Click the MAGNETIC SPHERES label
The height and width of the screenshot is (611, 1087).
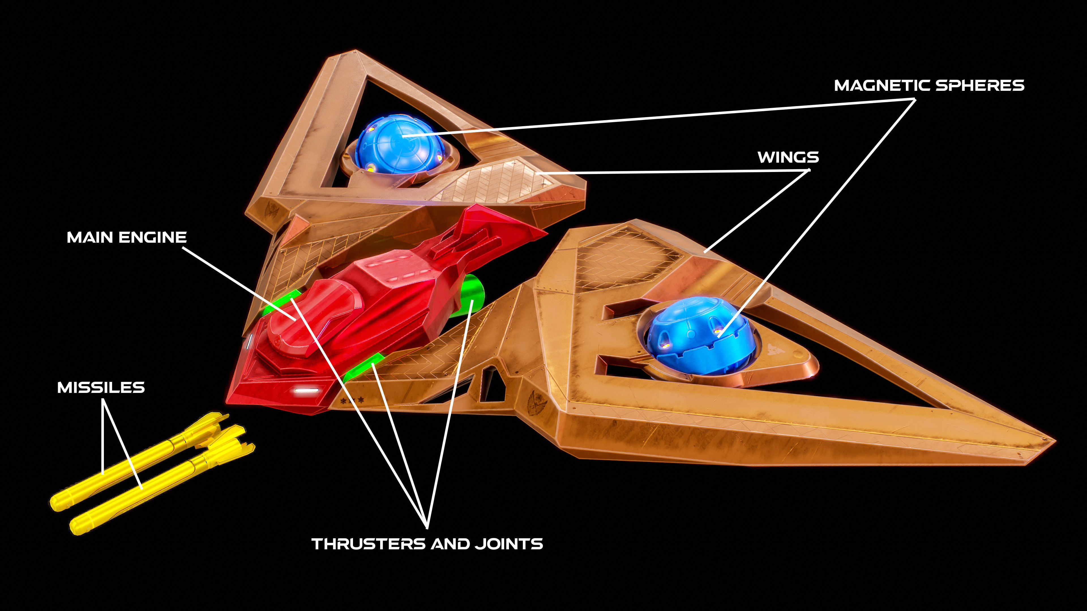point(929,86)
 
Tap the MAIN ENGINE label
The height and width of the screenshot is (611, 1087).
point(127,237)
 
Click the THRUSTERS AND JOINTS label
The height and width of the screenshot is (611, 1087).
point(427,544)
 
